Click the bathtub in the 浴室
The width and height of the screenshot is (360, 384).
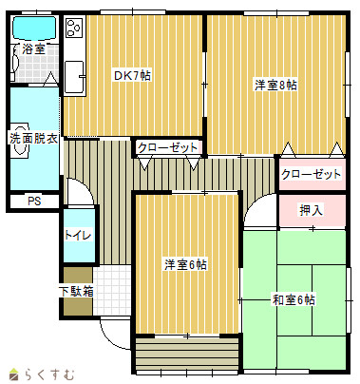click(x=34, y=29)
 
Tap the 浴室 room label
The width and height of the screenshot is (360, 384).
click(x=33, y=49)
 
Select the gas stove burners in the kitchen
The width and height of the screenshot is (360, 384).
click(x=74, y=28)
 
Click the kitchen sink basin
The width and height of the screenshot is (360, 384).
click(x=74, y=76)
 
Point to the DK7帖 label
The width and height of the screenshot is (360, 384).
click(x=132, y=75)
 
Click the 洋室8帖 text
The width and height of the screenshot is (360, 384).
click(x=275, y=86)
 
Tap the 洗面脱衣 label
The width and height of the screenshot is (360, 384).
click(x=33, y=139)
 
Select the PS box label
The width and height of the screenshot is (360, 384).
click(x=34, y=202)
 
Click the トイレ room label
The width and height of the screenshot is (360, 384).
click(x=78, y=235)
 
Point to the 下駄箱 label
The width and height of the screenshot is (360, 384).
click(x=77, y=292)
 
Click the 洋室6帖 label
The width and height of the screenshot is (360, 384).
click(x=186, y=264)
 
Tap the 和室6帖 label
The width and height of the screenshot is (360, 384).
click(x=294, y=299)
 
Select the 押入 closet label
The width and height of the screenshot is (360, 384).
click(x=312, y=210)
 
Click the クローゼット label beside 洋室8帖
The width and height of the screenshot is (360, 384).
click(x=311, y=174)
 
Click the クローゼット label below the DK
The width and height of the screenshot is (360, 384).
click(x=168, y=147)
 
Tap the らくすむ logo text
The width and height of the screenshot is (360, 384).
click(x=48, y=374)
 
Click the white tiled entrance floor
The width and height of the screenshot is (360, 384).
click(x=112, y=290)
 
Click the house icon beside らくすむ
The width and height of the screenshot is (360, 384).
click(x=14, y=374)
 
